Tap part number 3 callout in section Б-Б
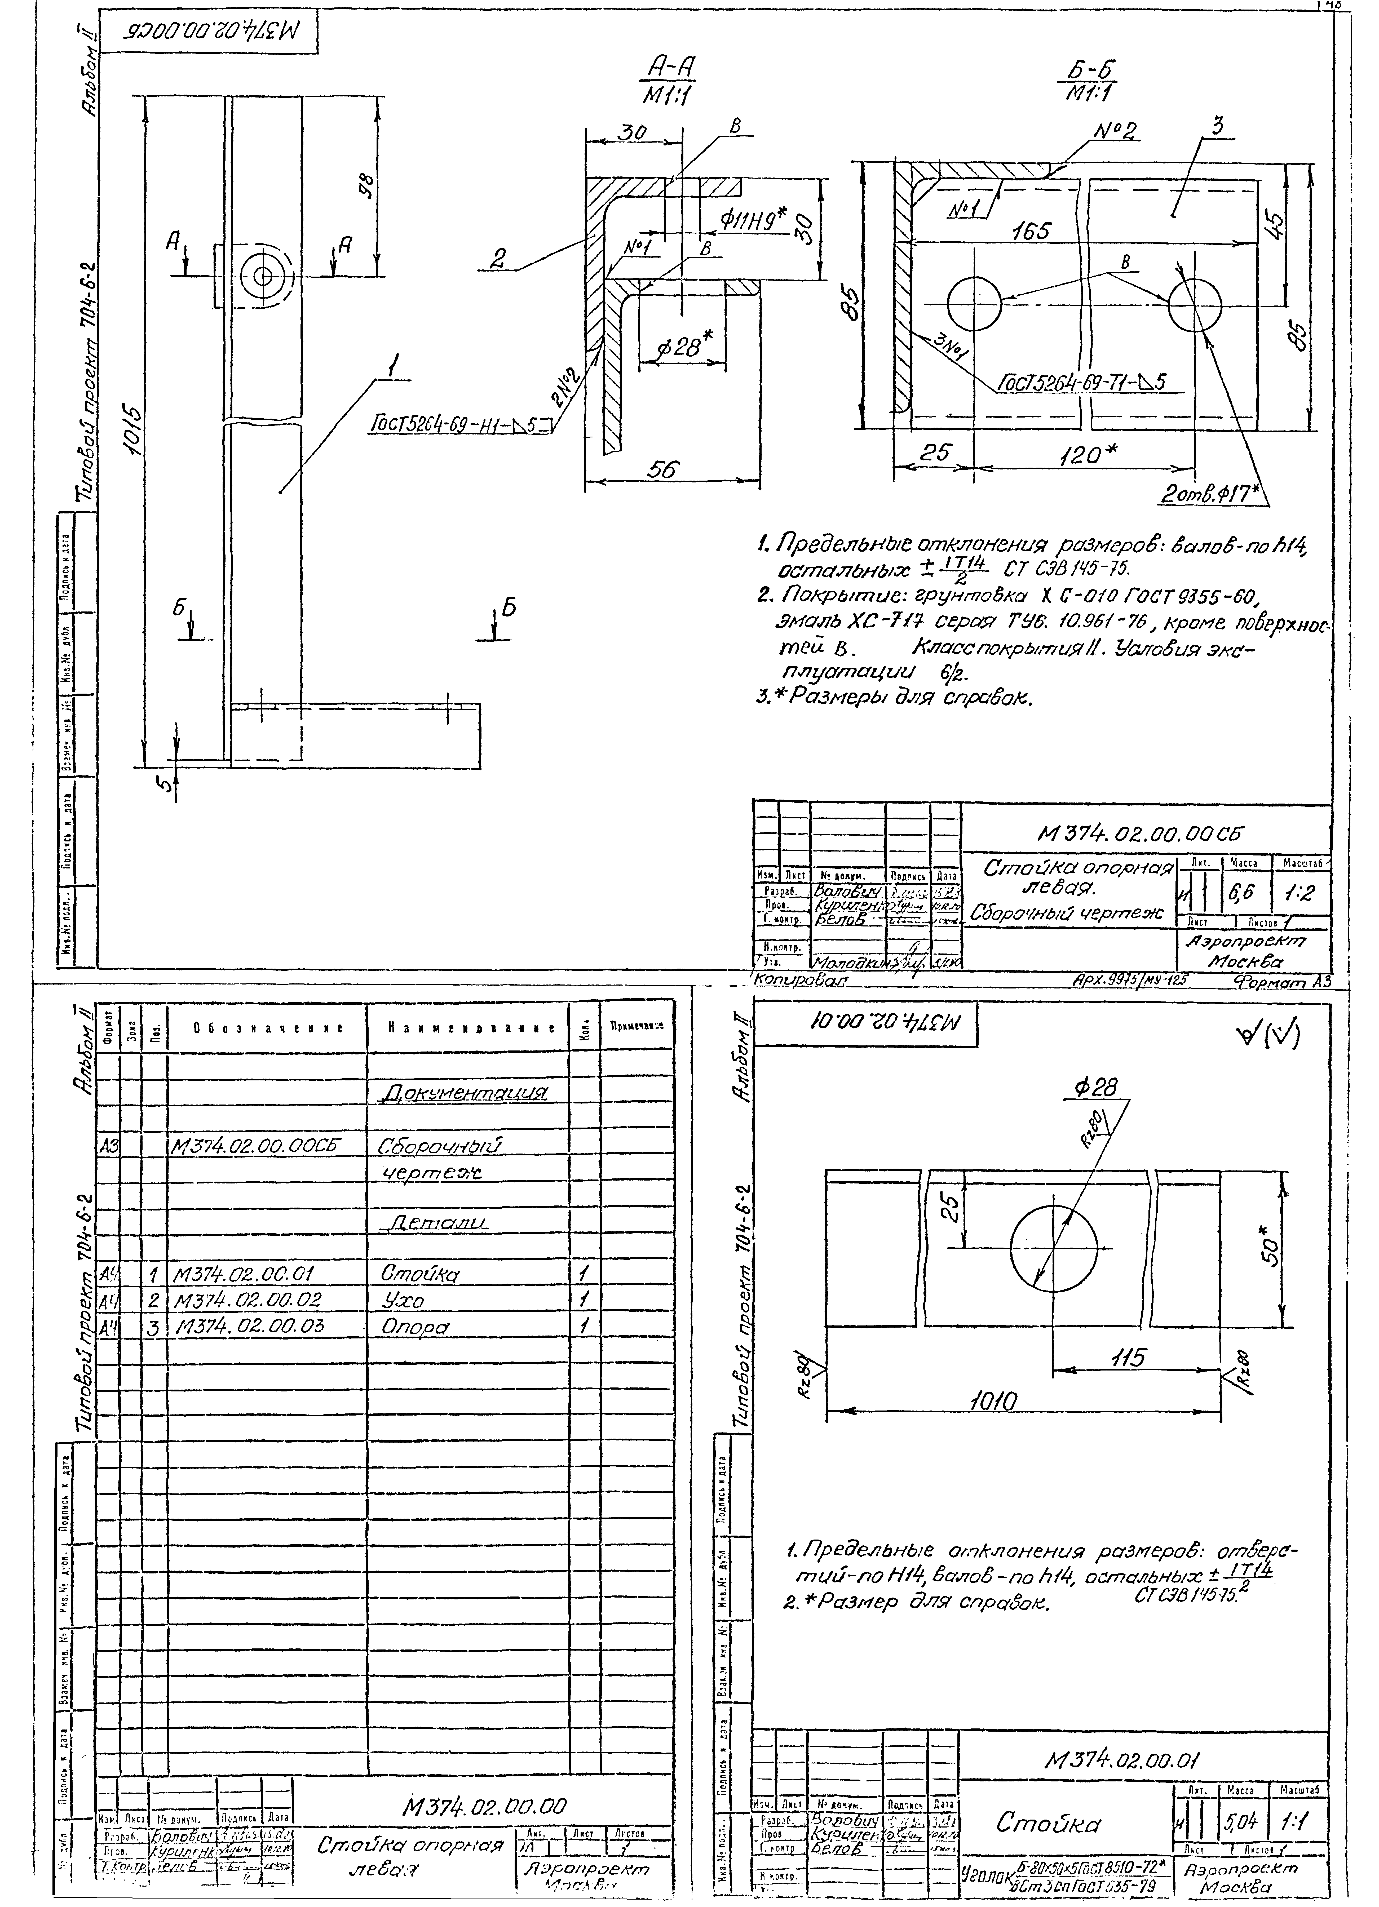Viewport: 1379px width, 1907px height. (x=1217, y=126)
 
